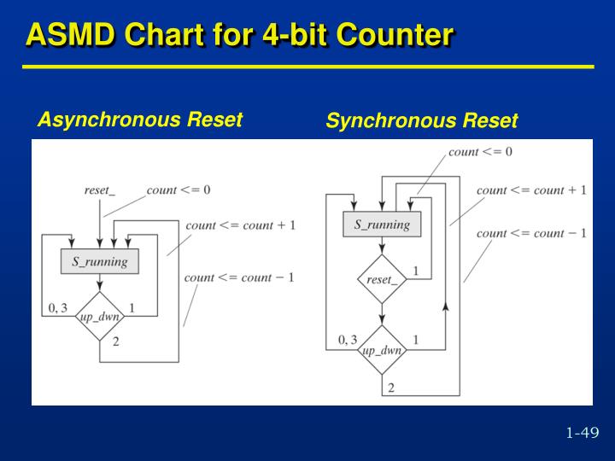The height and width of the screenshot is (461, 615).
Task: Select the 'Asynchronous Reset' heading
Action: click(x=140, y=120)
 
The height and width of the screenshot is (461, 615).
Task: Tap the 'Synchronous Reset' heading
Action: click(x=421, y=121)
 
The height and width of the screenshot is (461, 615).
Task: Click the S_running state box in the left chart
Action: click(x=100, y=261)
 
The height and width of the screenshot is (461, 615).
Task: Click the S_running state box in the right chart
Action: click(x=382, y=225)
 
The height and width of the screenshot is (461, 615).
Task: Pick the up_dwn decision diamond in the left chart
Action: click(x=100, y=317)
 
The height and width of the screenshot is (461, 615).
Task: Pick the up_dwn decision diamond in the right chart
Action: click(x=382, y=350)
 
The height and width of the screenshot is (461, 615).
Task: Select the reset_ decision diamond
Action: click(x=382, y=279)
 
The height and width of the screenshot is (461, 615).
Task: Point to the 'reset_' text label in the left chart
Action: click(x=99, y=190)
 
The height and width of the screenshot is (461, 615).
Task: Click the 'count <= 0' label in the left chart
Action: click(x=178, y=190)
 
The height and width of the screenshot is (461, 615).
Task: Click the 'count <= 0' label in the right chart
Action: click(x=480, y=152)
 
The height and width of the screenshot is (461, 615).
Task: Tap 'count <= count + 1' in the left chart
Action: click(x=240, y=225)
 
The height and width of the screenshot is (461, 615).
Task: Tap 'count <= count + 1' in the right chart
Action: click(x=531, y=190)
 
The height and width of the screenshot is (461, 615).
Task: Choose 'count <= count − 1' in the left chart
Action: click(x=239, y=277)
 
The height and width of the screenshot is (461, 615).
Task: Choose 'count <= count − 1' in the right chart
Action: click(x=531, y=233)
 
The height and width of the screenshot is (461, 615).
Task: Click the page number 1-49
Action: click(x=582, y=433)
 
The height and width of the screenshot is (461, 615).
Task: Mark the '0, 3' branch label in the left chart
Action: click(x=58, y=308)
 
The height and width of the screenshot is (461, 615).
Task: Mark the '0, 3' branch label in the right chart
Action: click(x=348, y=340)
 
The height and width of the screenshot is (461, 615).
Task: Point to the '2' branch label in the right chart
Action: click(x=390, y=388)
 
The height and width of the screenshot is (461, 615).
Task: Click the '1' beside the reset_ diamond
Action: click(x=416, y=271)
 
